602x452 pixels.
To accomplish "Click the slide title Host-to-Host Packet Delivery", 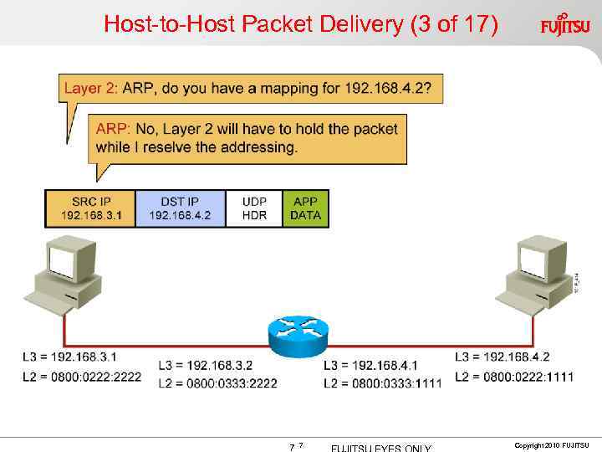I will tap(301, 24).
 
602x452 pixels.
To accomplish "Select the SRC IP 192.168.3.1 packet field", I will tap(90, 208).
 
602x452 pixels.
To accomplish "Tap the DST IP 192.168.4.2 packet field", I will tap(180, 208).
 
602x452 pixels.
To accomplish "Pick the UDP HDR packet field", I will tap(254, 208).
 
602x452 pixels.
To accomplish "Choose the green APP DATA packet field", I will tap(305, 208).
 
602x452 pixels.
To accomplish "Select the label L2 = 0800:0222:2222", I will tap(81, 377).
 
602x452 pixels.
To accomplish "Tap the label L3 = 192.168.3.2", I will tap(205, 366).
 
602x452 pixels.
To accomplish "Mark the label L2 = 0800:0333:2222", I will tap(217, 383).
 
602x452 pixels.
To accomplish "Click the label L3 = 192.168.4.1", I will tap(370, 366).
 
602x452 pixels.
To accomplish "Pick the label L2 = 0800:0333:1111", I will tap(382, 383).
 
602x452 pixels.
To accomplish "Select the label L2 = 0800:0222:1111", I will tap(513, 377).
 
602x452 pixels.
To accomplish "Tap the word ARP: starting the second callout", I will tap(112, 129).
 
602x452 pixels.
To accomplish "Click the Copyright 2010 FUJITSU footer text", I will tap(552, 444).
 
